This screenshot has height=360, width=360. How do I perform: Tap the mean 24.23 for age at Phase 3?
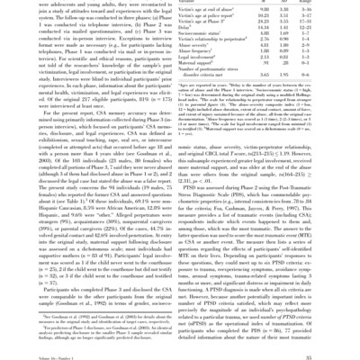pos(266,22)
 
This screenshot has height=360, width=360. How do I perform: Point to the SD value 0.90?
pos(293,40)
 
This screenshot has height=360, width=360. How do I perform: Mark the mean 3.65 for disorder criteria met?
pos(266,75)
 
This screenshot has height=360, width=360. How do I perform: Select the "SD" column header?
pos(293,3)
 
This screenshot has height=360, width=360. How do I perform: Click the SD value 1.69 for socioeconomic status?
pos(293,34)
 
